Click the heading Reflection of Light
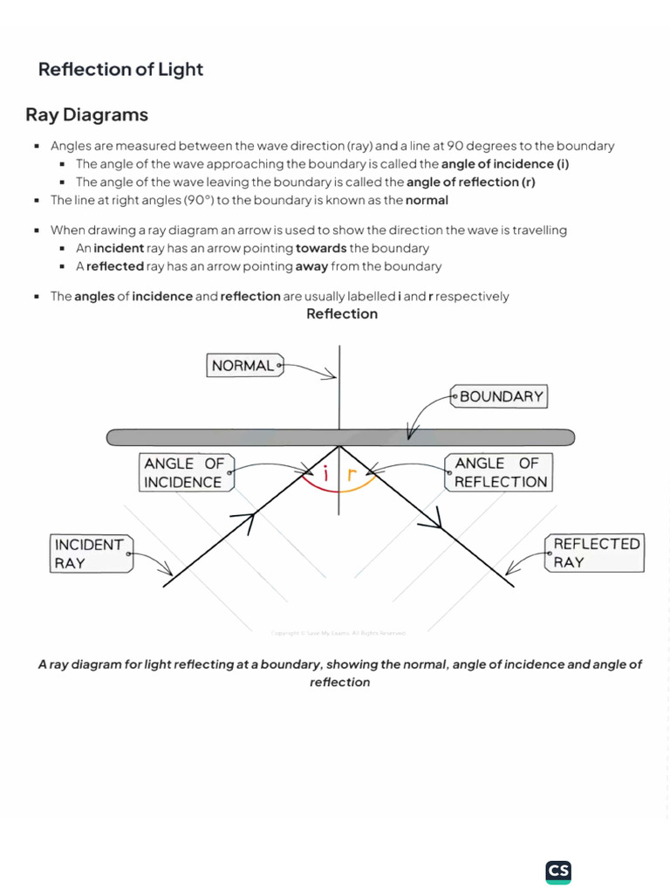[120, 70]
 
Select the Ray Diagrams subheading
[86, 115]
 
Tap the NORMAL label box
[243, 366]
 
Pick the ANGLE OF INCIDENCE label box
[184, 472]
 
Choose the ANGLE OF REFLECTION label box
[500, 472]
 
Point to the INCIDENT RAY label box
[90, 554]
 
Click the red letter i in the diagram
[326, 475]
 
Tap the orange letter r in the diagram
[352, 476]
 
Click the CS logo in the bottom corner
[558, 871]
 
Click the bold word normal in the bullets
[427, 200]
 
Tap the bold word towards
[321, 249]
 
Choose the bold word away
[311, 266]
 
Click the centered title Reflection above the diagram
[342, 314]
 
